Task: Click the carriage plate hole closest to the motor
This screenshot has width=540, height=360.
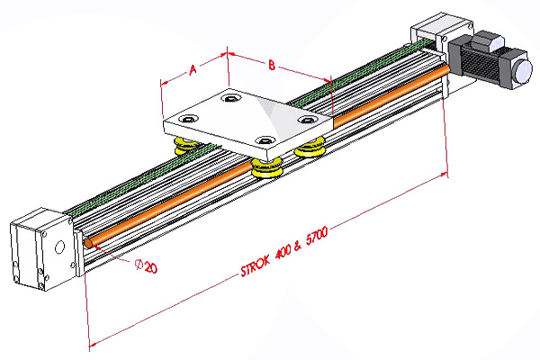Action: (307, 118)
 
